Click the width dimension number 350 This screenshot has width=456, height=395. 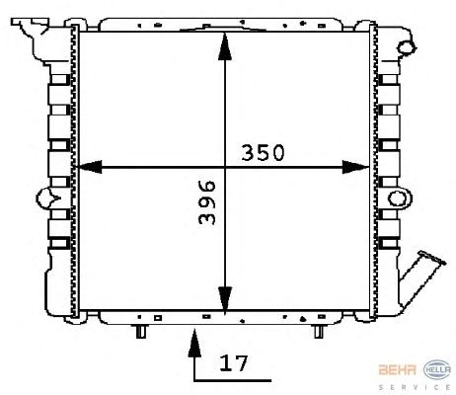coord(263,153)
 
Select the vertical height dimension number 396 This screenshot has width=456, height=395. coord(207,202)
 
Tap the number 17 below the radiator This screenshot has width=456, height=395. coord(233,363)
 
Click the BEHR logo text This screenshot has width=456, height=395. coord(398,369)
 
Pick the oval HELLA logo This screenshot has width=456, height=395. coord(437,369)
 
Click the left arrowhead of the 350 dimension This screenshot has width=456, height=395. coord(89,167)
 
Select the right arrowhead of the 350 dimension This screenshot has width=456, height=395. coord(355,167)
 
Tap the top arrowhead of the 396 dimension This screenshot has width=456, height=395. coord(225,46)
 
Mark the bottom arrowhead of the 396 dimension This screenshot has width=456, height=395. coord(225,300)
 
